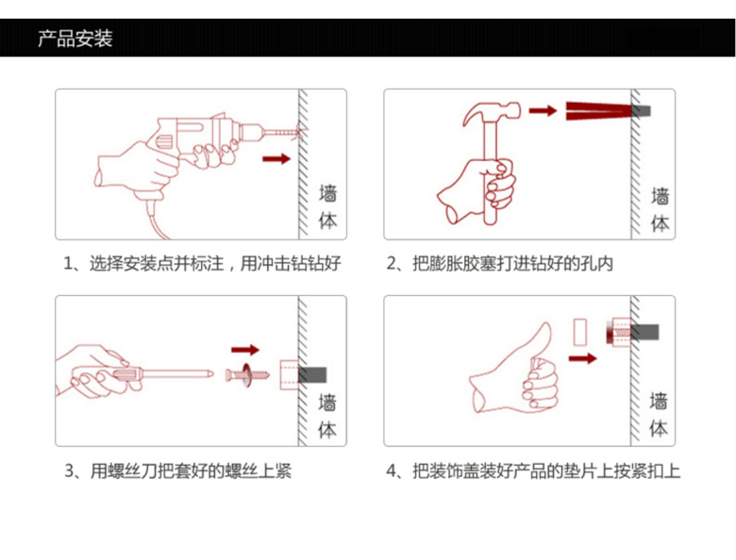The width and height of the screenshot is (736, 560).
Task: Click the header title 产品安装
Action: (75, 39)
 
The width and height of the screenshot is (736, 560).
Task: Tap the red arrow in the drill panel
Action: (276, 158)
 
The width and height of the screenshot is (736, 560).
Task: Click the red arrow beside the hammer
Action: (542, 111)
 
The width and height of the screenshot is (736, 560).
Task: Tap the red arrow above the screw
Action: (245, 350)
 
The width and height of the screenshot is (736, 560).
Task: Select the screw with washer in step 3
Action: (247, 374)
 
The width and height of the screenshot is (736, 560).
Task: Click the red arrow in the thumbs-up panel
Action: (583, 358)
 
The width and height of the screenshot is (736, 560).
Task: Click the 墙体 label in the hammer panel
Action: (660, 209)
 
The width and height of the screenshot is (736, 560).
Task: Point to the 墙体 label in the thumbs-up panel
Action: (660, 415)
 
